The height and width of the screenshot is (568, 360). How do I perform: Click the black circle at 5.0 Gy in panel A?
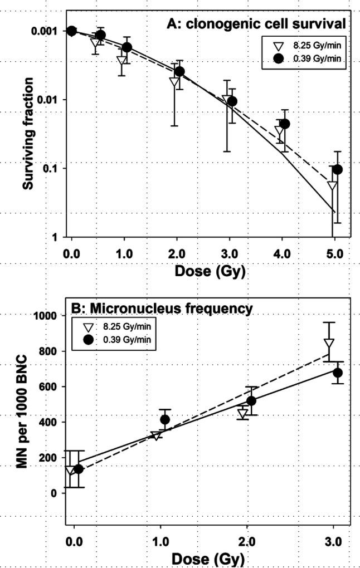pos(337,169)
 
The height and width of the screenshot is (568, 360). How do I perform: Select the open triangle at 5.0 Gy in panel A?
pos(332,186)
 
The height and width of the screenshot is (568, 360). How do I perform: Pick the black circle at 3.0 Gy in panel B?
pos(337,373)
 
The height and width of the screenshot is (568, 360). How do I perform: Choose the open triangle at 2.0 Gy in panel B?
pos(242,414)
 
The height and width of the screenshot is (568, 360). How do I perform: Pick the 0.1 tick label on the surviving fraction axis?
pos(53,168)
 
